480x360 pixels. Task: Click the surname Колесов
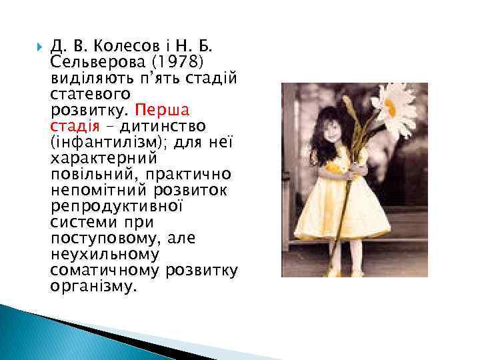(124, 47)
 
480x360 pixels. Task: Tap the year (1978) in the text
(180, 62)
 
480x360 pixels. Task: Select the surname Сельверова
(89, 62)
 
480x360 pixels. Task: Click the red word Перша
(163, 109)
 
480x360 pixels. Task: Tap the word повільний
(89, 174)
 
